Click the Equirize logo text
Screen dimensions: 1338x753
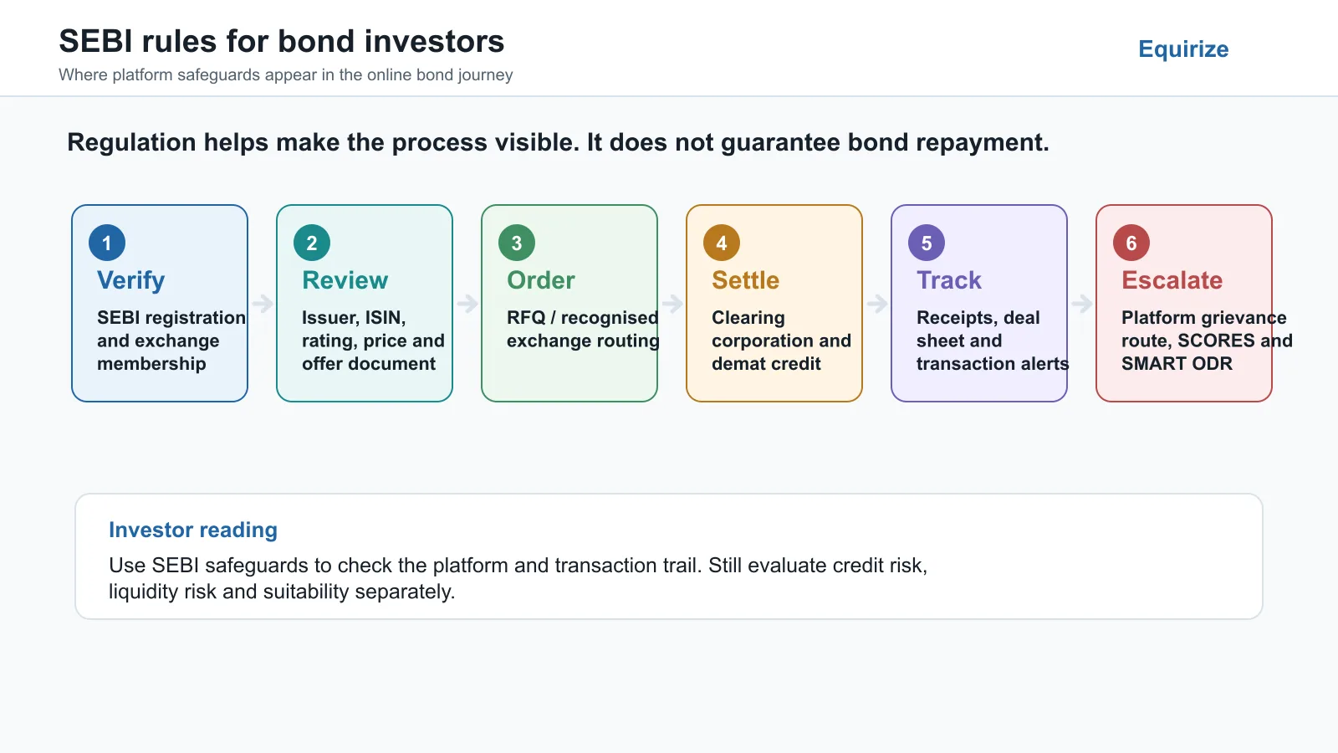point(1183,49)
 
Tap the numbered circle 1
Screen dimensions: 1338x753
point(107,243)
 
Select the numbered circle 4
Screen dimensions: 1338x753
point(722,243)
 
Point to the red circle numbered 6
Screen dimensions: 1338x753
point(1131,243)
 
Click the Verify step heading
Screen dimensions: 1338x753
point(130,281)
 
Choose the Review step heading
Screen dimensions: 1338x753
point(345,280)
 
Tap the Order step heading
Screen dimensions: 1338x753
point(540,280)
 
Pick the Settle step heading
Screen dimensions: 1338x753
point(745,280)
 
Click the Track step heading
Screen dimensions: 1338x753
point(948,280)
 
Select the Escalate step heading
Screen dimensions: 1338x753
point(1172,280)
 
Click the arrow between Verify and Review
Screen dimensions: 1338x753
point(263,304)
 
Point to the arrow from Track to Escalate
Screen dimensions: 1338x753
point(1082,304)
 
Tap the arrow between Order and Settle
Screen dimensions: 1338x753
point(672,304)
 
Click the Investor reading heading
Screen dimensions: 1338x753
point(193,530)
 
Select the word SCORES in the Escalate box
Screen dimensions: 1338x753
point(1216,341)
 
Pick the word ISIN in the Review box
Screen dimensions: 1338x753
point(386,318)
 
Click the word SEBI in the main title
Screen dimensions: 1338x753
point(95,41)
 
